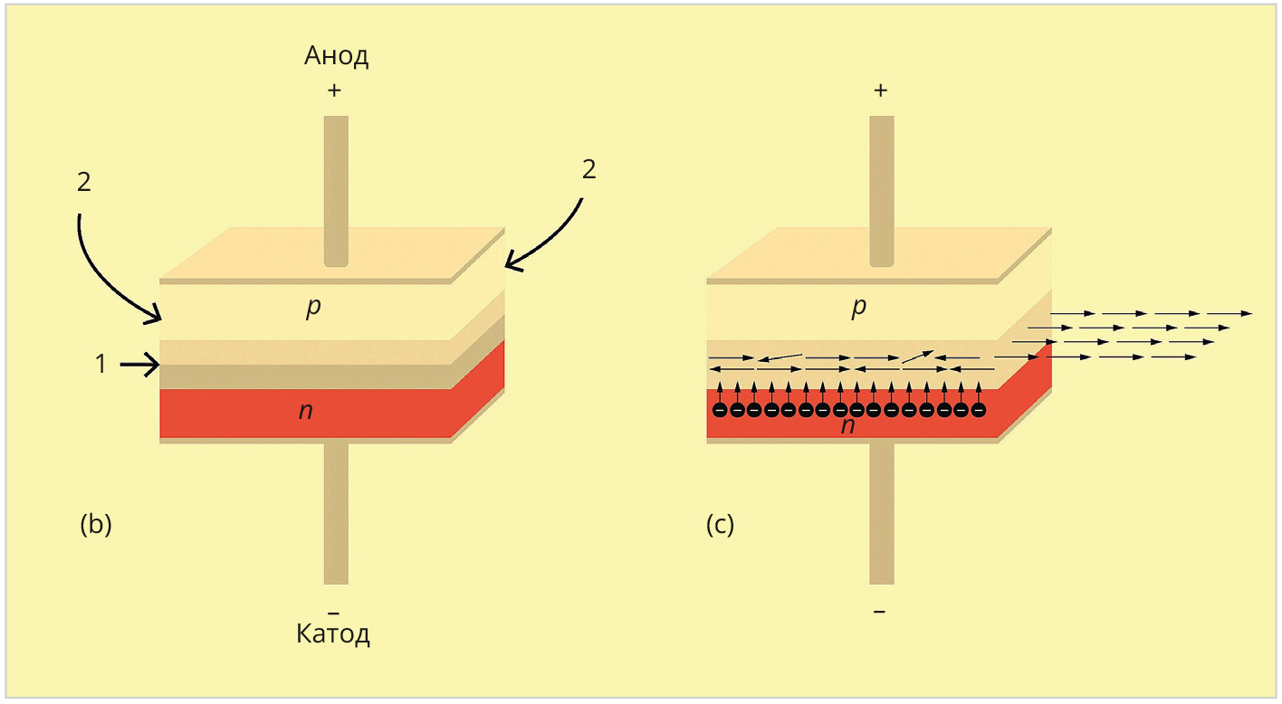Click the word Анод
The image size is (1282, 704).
336,57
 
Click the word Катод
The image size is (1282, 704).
333,634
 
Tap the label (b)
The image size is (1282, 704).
96,525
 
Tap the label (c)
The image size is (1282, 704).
720,525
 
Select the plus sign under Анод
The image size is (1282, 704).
336,90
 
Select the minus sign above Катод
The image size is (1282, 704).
333,613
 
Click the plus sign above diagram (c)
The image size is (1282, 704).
881,90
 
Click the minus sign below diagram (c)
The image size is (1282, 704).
880,613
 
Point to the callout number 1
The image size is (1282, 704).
101,365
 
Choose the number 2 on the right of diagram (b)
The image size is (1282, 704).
588,169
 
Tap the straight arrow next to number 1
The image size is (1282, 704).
139,365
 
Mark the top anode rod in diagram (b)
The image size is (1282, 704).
336,190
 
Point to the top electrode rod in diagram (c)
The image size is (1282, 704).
882,190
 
